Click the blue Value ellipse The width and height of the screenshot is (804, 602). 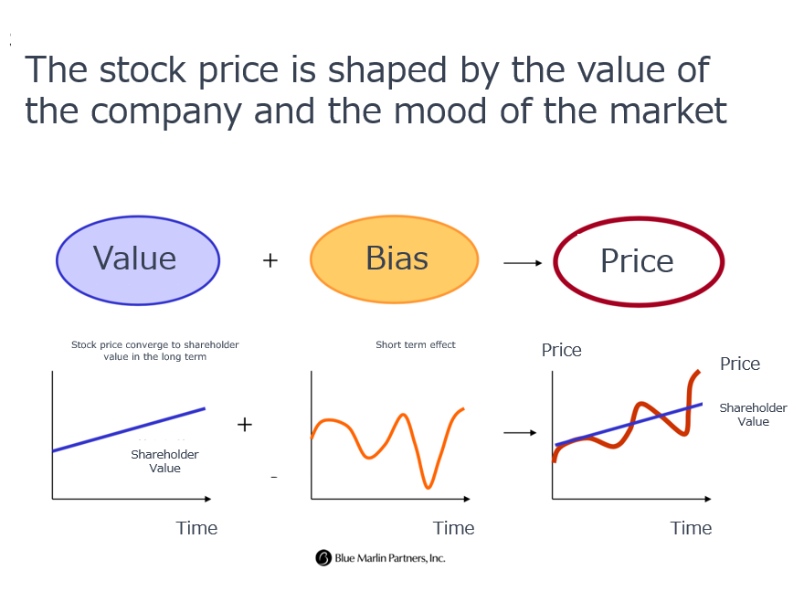point(138,260)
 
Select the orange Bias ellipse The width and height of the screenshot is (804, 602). point(395,259)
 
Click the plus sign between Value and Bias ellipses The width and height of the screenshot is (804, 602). point(270,260)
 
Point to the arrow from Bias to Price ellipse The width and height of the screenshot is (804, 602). point(523,263)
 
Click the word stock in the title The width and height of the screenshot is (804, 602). point(143,69)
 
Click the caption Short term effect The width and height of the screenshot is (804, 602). point(416,344)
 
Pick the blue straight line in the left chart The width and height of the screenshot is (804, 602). point(129,429)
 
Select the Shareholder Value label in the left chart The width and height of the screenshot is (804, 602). point(164,461)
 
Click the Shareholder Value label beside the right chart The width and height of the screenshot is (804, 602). point(753,415)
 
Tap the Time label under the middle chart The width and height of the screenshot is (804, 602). point(454,528)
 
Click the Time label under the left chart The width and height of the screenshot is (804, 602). point(197,528)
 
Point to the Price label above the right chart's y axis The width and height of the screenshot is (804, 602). point(562,350)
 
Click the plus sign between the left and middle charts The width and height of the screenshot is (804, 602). point(245,425)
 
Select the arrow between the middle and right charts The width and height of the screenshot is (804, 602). point(520,433)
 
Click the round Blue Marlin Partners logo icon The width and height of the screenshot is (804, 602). point(323,557)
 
